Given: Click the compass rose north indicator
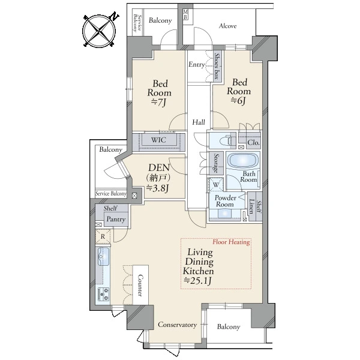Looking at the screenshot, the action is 114,16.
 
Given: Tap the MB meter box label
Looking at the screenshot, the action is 185,15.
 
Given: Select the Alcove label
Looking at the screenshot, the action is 227,26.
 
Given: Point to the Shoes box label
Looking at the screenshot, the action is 217,66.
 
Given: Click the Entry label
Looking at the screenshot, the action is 196,65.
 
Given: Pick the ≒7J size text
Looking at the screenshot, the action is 158,102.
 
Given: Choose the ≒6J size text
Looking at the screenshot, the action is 238,100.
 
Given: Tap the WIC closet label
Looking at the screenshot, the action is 158,140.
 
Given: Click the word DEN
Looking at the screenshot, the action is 159,167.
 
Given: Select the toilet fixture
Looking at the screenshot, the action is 226,140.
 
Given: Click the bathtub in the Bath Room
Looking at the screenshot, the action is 243,160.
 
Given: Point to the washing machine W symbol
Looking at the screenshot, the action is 216,185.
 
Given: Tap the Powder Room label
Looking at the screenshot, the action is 225,201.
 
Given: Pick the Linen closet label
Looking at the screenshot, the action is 251,206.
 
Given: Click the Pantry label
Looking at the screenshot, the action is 116,219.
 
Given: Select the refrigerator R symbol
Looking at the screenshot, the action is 103,236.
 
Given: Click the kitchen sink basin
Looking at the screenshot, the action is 104,256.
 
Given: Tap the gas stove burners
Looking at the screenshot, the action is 103,294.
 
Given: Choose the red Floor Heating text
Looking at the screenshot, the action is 231,242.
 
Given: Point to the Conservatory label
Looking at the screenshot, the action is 177,325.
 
